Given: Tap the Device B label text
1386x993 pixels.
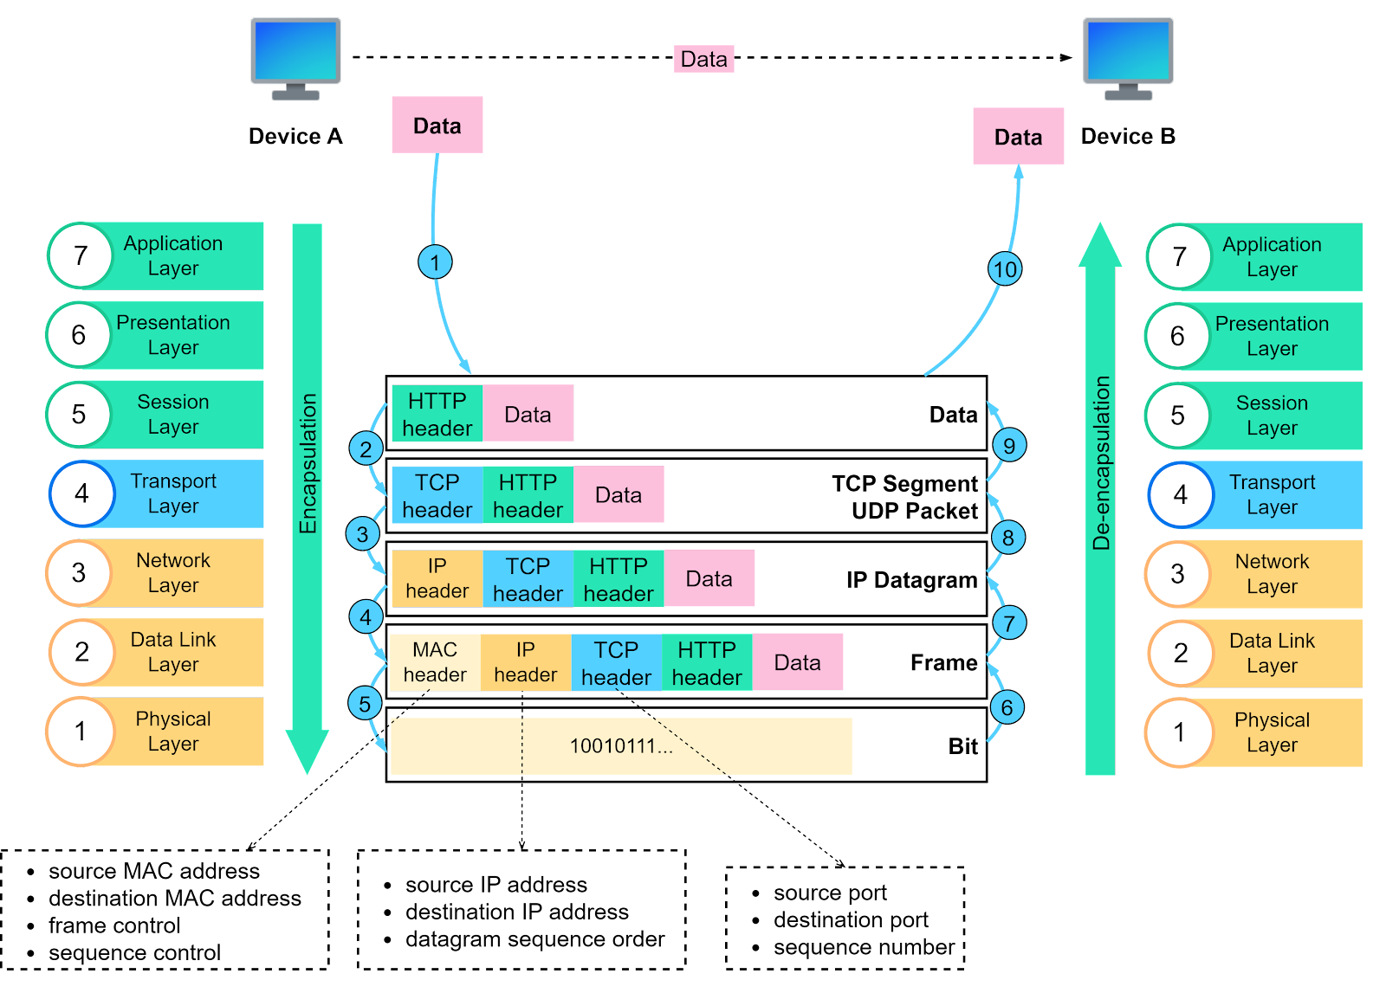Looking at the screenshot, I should [1128, 136].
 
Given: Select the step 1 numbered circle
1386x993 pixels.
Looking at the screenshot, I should [435, 261].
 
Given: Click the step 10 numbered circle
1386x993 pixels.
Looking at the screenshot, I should [1005, 269].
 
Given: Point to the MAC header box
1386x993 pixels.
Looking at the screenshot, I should [435, 662].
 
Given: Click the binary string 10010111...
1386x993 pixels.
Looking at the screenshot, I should [620, 746].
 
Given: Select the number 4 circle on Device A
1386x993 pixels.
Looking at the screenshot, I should [81, 493].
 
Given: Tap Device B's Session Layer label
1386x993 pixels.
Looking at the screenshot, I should [1271, 416].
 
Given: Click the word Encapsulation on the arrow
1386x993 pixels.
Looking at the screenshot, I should [308, 463].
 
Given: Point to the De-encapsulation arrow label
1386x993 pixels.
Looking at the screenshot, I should [1101, 463].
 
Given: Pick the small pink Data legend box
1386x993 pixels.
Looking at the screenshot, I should [703, 59].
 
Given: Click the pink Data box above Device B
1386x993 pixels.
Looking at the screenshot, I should [1018, 137].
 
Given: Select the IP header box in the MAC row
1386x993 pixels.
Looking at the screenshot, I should [526, 662].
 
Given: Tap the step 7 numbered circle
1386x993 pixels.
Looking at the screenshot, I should [1008, 622].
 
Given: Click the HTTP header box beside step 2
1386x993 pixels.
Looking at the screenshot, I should [437, 414].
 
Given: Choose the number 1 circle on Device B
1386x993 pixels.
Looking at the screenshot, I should [1179, 733].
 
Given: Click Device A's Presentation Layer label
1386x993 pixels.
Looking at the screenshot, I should [173, 335].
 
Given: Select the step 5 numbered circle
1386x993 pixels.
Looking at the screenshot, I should [365, 704].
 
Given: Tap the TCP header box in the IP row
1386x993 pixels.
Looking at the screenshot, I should [528, 578].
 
